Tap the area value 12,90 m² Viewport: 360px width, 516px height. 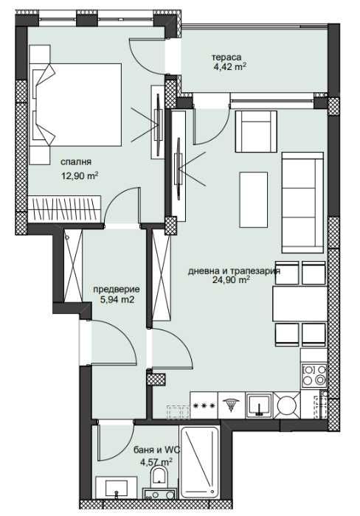pos(80,175)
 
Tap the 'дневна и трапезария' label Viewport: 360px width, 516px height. pos(234,270)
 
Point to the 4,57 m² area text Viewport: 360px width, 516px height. pos(156,463)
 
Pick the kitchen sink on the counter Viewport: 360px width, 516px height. pos(260,404)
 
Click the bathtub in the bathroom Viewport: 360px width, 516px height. pos(198,461)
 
